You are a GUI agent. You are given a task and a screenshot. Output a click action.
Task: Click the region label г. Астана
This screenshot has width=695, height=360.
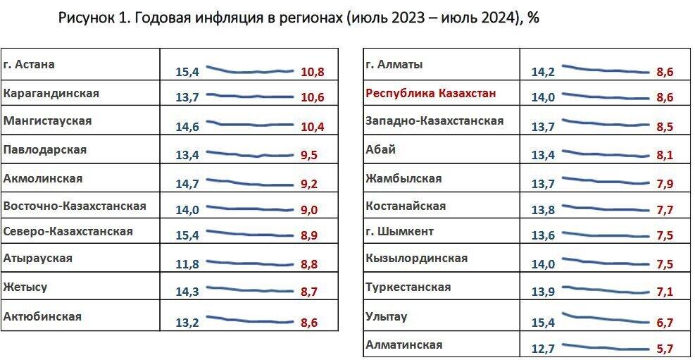click(x=30, y=64)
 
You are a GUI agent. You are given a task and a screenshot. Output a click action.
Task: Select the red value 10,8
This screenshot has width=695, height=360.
click(x=312, y=72)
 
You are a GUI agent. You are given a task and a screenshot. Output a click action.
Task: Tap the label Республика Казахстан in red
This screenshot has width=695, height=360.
click(x=430, y=92)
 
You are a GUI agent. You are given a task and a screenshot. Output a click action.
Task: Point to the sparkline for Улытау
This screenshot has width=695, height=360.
click(x=603, y=318)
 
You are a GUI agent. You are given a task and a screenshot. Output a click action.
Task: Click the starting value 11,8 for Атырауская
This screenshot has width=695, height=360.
click(x=187, y=265)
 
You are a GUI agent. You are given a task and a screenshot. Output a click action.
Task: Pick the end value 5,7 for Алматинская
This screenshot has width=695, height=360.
click(x=664, y=349)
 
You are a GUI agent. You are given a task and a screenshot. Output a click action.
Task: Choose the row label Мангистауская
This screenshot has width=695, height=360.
click(x=48, y=121)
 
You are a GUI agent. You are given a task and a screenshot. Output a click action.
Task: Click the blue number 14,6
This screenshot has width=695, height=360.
click(x=187, y=127)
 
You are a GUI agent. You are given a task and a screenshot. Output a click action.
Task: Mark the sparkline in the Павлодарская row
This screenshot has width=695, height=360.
click(x=249, y=154)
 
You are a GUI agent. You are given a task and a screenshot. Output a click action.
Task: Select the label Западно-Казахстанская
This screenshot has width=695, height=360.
click(x=434, y=120)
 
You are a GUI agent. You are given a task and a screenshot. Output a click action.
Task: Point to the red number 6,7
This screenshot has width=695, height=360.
click(x=664, y=323)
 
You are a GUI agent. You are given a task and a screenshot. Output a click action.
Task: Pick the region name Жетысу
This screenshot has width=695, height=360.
click(x=25, y=287)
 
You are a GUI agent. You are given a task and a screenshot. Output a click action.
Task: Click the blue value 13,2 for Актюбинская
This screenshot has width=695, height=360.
click(x=187, y=323)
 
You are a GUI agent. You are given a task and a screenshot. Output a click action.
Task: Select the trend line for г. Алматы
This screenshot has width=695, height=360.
click(x=603, y=69)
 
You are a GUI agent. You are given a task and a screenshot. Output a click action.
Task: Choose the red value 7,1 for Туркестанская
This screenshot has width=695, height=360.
click(x=664, y=292)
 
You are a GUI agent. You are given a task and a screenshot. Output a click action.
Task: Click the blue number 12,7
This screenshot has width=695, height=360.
click(x=544, y=349)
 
